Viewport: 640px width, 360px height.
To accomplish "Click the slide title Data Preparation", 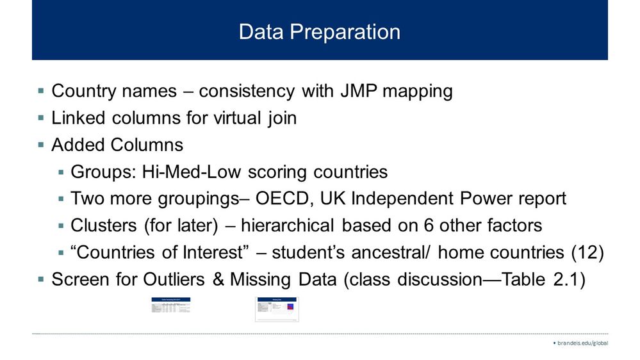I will point(319,32).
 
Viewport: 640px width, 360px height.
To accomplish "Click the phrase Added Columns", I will point(117,145).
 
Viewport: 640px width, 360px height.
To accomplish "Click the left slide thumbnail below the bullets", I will point(171,306).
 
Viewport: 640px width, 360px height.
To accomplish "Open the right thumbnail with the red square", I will point(277,309).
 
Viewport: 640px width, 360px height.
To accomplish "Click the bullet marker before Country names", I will point(41,92).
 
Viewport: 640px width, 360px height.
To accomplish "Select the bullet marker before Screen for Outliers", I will point(41,280).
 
